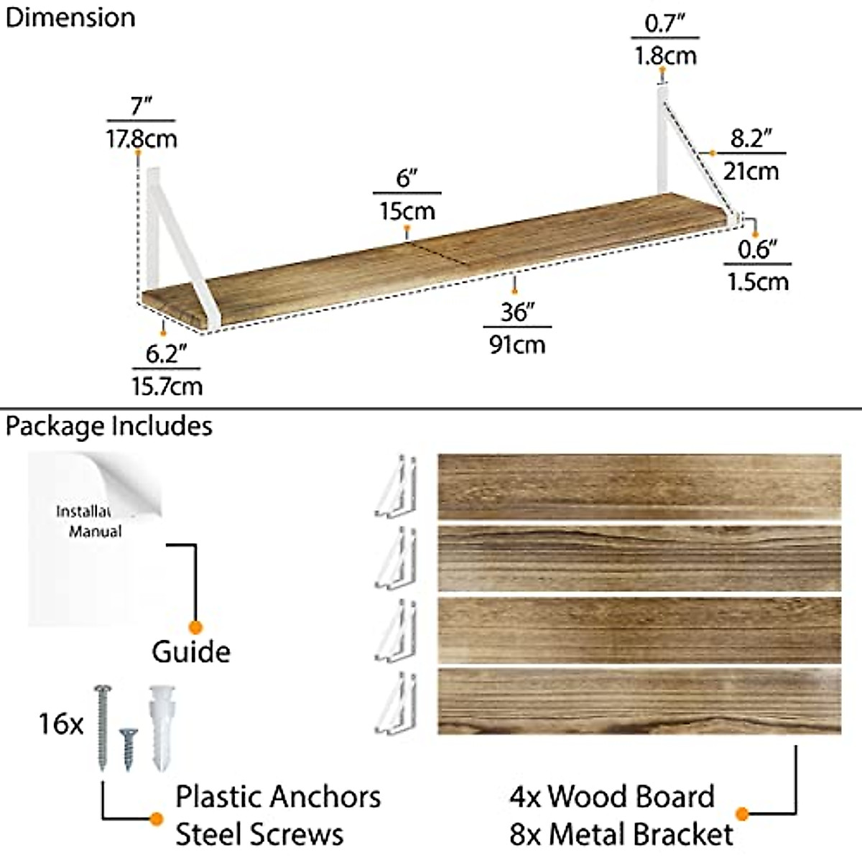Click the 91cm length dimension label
(x=517, y=344)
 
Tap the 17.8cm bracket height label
(x=142, y=138)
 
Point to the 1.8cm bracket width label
(x=665, y=55)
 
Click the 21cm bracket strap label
(x=751, y=171)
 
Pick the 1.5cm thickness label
(x=758, y=281)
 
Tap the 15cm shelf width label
(x=407, y=210)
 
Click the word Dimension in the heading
(x=70, y=18)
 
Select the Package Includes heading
(x=109, y=426)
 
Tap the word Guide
(x=191, y=652)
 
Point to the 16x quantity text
(x=60, y=723)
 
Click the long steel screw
(x=101, y=726)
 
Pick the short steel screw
(x=128, y=747)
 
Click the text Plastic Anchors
(x=278, y=797)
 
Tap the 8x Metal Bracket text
(x=621, y=834)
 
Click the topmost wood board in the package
(x=639, y=486)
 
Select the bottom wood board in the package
(x=639, y=700)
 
